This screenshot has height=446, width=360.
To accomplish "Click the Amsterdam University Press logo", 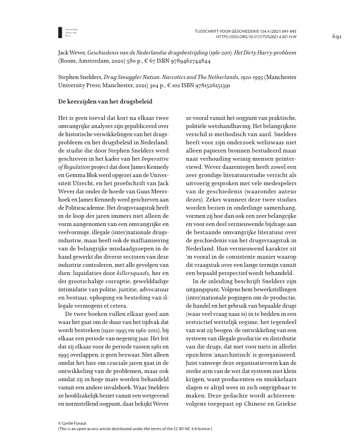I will click(x=61, y=32).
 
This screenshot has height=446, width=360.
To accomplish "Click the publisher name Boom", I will click(x=68, y=60).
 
